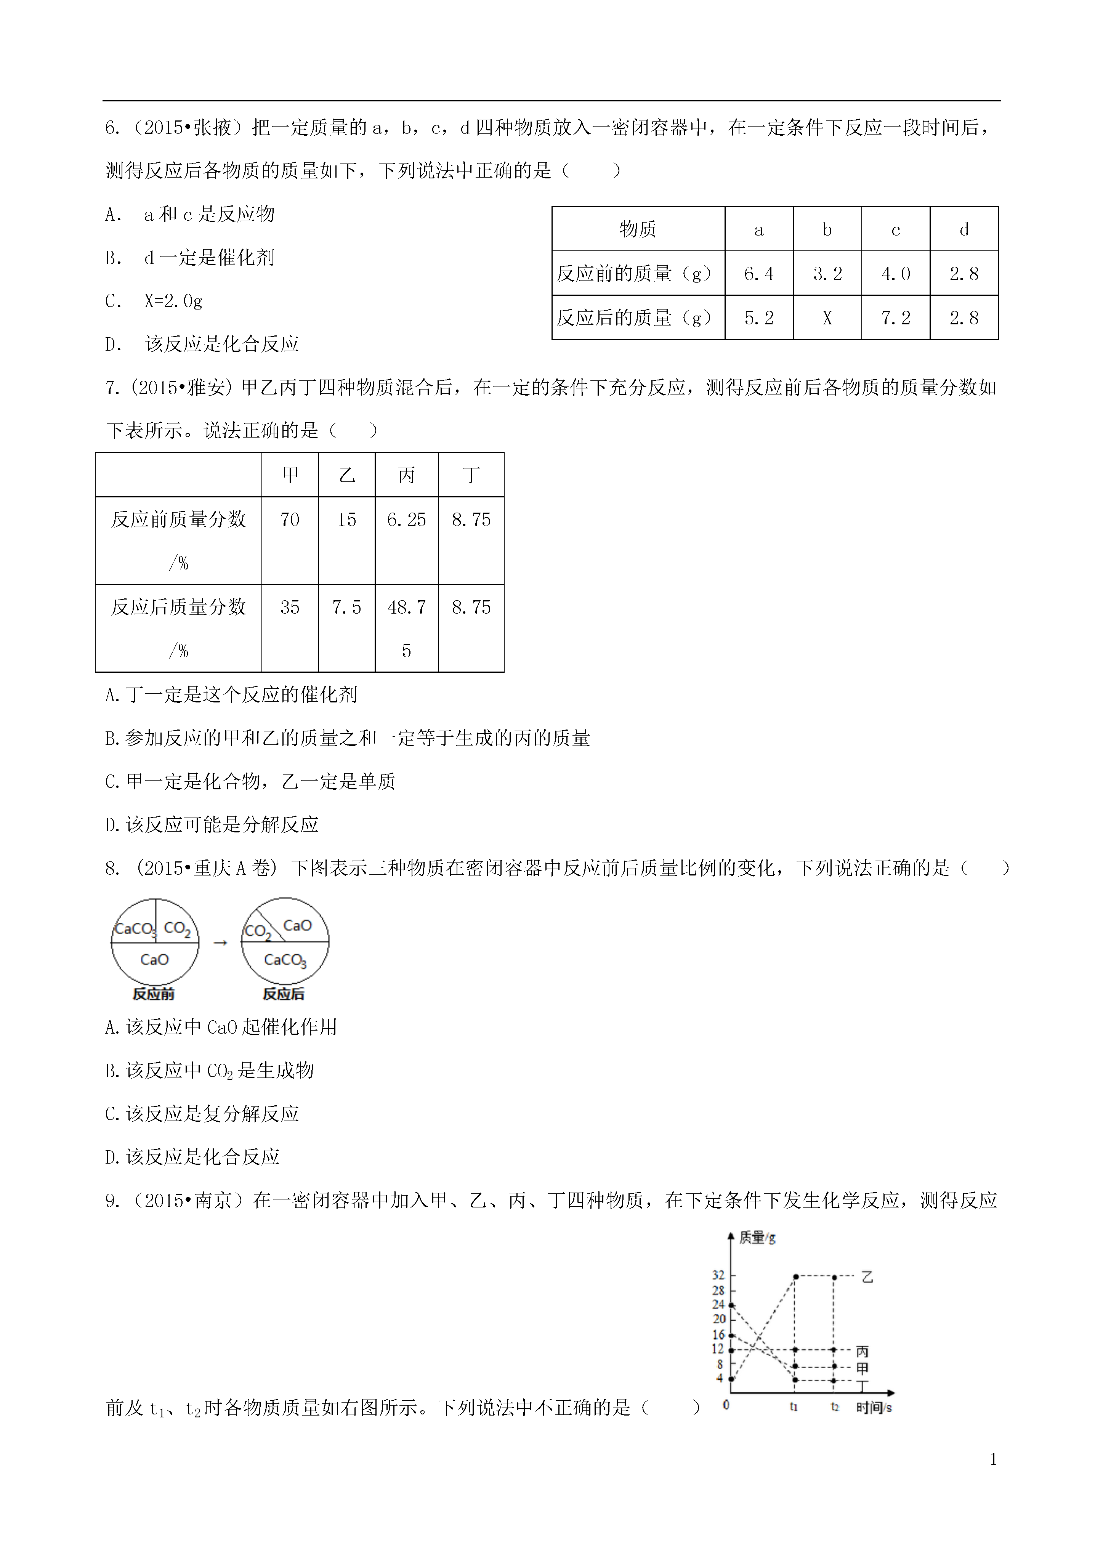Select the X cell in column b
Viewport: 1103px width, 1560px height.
(x=827, y=318)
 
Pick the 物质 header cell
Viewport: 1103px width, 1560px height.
(x=638, y=230)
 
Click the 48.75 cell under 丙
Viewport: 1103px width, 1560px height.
(x=406, y=628)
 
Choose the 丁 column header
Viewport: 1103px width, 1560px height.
(x=471, y=475)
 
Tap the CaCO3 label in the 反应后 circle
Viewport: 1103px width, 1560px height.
(x=285, y=960)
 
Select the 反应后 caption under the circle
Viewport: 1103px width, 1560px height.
(x=284, y=994)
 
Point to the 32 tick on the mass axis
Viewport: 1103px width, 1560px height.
(x=718, y=1275)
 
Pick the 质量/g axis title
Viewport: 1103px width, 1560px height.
(x=757, y=1238)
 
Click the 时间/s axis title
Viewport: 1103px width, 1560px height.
(x=873, y=1408)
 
